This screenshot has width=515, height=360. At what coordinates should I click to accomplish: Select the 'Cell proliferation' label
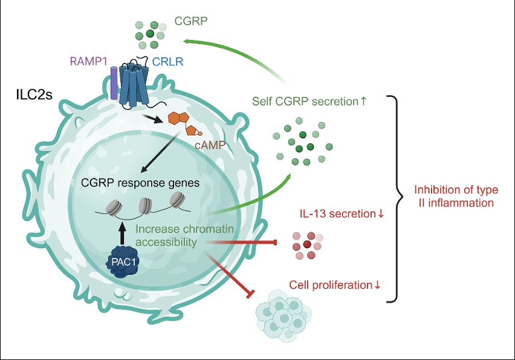pos(335,284)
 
